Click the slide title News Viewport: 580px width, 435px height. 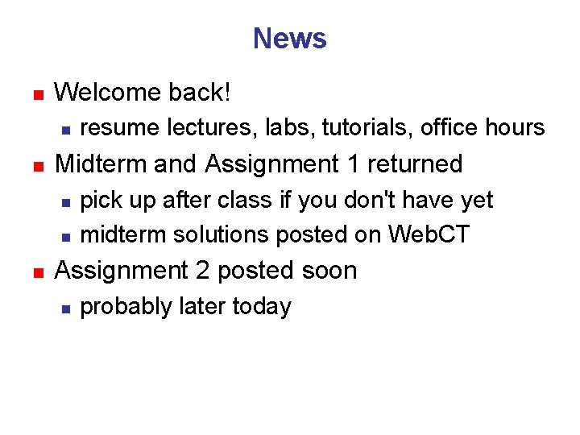pos(289,39)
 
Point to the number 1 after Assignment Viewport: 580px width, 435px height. pos(352,164)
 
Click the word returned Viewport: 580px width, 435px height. pos(415,164)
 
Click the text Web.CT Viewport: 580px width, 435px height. pos(429,234)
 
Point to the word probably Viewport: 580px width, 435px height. pos(125,308)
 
